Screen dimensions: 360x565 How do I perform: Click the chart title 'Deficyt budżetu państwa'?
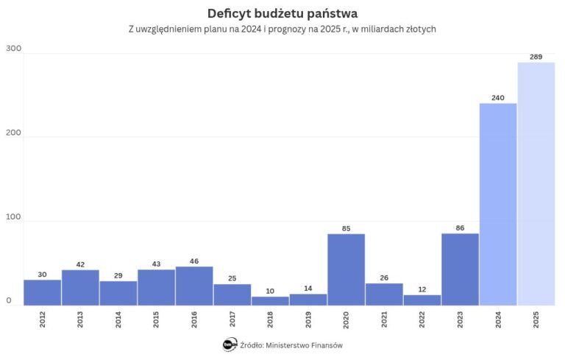click(282, 13)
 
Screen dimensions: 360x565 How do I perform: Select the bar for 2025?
click(536, 183)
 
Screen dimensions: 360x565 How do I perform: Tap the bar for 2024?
click(498, 204)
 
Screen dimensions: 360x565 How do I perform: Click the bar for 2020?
click(346, 269)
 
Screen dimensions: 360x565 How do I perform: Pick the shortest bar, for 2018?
click(270, 300)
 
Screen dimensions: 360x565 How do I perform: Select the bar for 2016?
click(194, 286)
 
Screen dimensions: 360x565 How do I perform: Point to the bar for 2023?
click(460, 269)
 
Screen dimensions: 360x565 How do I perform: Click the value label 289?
click(536, 56)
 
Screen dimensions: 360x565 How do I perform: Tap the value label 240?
click(498, 97)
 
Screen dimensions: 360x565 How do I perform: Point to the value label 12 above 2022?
click(422, 289)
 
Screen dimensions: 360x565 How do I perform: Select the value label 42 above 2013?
click(80, 264)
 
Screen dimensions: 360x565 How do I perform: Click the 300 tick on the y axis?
click(14, 49)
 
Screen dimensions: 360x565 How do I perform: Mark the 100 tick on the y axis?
click(14, 217)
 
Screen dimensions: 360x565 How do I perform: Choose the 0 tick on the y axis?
click(10, 300)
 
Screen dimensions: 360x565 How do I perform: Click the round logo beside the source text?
click(230, 344)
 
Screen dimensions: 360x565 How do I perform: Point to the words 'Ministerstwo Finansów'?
click(303, 345)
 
